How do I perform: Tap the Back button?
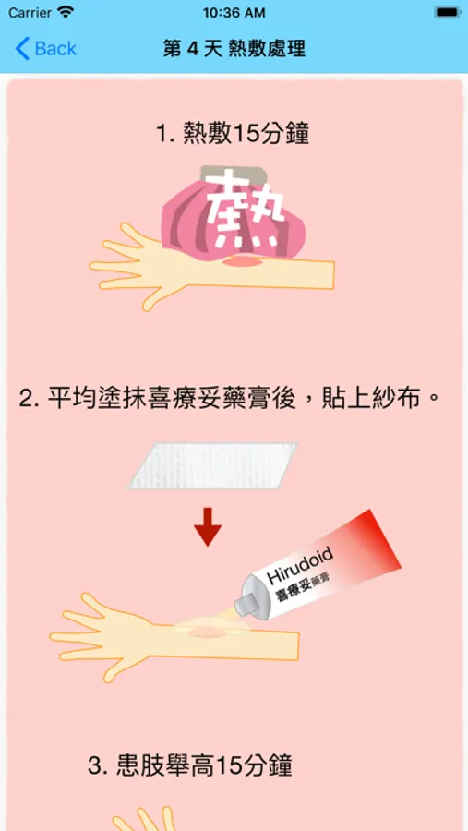click(x=45, y=49)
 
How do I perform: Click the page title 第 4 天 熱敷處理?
click(x=234, y=49)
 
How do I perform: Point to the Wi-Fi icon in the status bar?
click(x=66, y=12)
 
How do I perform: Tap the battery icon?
click(x=448, y=12)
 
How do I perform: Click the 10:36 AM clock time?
click(x=234, y=12)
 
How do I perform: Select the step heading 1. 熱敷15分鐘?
click(x=233, y=134)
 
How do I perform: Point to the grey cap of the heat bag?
click(x=234, y=175)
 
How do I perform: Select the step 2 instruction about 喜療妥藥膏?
click(x=230, y=398)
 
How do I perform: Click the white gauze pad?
click(x=211, y=465)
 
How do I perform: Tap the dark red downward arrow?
click(x=208, y=527)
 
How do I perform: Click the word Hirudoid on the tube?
click(x=301, y=565)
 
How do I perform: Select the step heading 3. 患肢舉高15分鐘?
click(x=190, y=765)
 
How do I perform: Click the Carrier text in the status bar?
click(x=30, y=12)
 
